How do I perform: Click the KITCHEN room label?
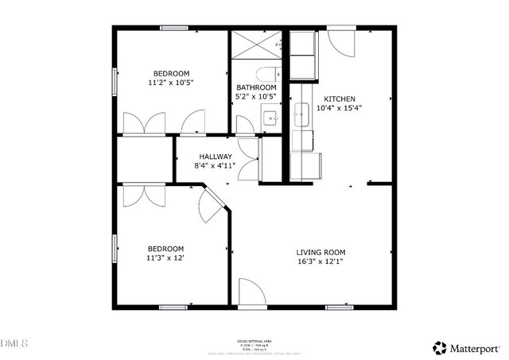pyautogui.click(x=333, y=99)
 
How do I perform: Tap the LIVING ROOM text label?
pyautogui.click(x=321, y=252)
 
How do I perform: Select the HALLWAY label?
pyautogui.click(x=216, y=157)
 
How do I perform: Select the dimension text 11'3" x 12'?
pyautogui.click(x=165, y=257)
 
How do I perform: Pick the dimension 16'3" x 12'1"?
pyautogui.click(x=321, y=261)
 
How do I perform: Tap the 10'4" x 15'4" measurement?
pyautogui.click(x=339, y=108)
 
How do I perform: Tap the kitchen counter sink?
pyautogui.click(x=302, y=116)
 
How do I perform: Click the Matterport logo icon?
pyautogui.click(x=440, y=347)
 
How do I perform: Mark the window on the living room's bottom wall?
pyautogui.click(x=340, y=307)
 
